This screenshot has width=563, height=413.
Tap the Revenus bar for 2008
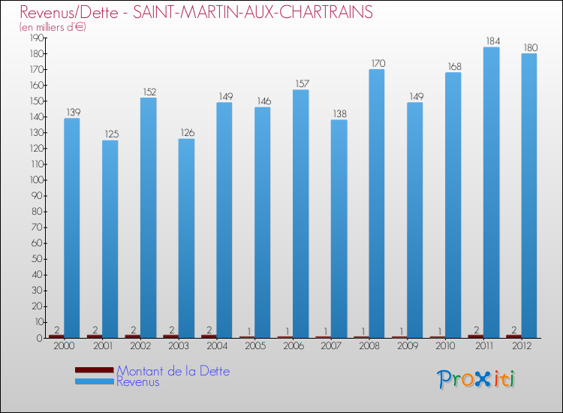(377, 203)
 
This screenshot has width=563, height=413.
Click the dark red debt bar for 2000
(56, 336)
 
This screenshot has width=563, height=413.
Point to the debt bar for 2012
(514, 336)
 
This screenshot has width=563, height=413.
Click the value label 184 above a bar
(492, 41)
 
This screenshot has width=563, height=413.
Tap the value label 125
(110, 134)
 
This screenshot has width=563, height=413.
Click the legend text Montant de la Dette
(173, 371)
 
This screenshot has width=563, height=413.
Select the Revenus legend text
(138, 381)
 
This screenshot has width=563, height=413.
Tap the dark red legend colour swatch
(94, 370)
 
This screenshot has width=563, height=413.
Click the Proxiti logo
(476, 378)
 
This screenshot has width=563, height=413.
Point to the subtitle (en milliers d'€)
(53, 27)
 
